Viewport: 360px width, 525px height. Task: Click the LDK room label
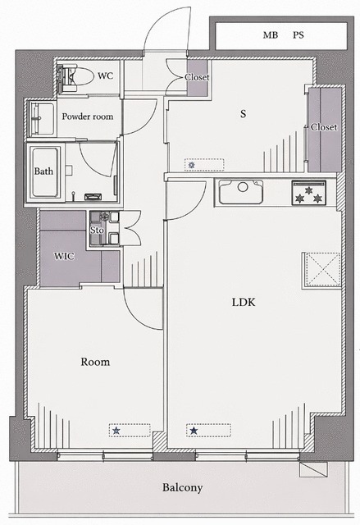point(244,302)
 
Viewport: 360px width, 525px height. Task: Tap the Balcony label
point(182,487)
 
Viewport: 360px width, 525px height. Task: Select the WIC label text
point(65,256)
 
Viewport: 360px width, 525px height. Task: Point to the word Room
point(95,362)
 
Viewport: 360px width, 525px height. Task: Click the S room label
point(243,114)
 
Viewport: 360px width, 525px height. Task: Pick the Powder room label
point(87,116)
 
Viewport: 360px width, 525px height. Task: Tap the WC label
point(105,76)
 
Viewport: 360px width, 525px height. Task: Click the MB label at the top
point(270,35)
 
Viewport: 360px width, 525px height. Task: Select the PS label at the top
point(298,35)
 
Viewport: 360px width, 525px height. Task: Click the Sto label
point(97,231)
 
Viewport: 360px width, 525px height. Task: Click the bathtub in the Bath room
point(43,171)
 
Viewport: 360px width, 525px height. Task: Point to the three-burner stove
point(308,194)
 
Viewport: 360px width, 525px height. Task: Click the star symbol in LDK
point(194,430)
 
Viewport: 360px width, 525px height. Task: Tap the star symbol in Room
point(116,430)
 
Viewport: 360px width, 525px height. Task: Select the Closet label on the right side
point(324,127)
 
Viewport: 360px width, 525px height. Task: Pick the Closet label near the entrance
point(197,78)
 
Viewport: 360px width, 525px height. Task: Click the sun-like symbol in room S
point(192,164)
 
